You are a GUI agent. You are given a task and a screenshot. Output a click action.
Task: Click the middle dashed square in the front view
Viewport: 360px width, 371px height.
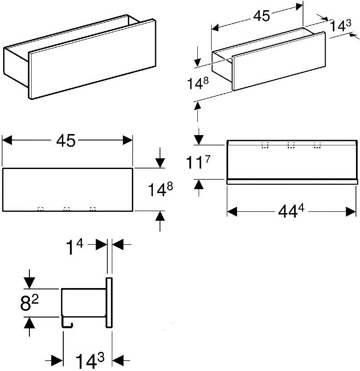click(x=66, y=209)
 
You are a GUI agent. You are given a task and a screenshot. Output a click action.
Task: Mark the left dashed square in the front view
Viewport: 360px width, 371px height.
click(x=40, y=209)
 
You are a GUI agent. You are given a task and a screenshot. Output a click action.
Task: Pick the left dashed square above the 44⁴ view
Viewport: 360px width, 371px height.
click(x=265, y=144)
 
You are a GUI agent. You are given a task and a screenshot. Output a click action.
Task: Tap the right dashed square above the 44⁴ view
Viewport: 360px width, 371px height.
click(x=317, y=144)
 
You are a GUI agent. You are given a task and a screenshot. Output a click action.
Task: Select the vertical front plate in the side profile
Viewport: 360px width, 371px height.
click(x=109, y=302)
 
